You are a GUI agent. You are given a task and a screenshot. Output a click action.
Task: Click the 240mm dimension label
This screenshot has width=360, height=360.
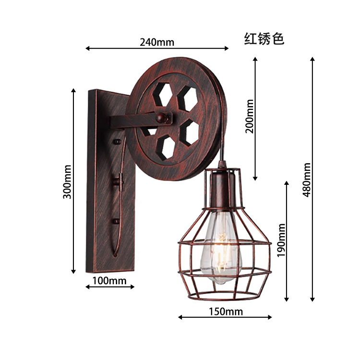[x=157, y=42]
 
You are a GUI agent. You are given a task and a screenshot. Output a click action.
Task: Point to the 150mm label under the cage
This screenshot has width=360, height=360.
[x=226, y=312]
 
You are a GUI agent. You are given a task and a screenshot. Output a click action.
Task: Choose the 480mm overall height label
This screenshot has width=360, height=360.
[x=307, y=179]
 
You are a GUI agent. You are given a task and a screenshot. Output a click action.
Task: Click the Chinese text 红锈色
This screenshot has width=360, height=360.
[x=264, y=39]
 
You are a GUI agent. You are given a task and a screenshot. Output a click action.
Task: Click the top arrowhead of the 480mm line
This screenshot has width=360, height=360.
[x=312, y=59]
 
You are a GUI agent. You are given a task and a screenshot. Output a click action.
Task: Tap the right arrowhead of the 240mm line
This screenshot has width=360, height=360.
[x=227, y=48]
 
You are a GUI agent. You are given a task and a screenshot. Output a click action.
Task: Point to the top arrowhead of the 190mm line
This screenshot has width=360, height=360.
[x=287, y=183]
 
